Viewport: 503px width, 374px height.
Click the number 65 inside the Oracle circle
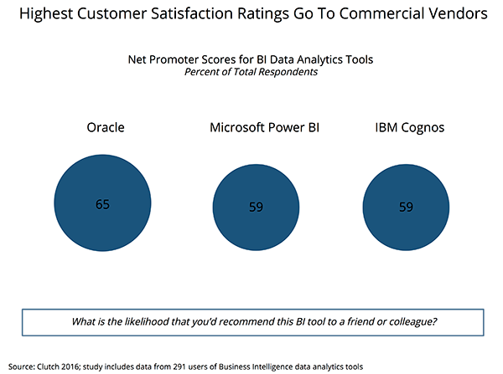102,203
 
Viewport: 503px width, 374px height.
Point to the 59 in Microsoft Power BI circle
256,207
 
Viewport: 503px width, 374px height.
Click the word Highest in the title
47,15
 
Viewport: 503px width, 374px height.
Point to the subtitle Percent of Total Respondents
251,74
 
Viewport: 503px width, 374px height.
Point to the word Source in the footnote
20,366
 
